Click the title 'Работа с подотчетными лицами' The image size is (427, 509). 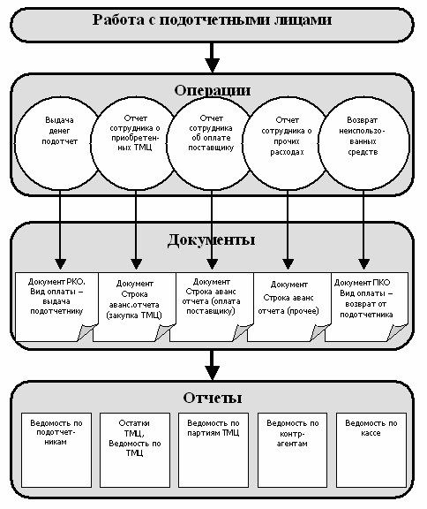click(x=212, y=19)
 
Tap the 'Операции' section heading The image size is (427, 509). click(x=213, y=90)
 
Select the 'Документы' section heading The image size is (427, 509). click(x=211, y=240)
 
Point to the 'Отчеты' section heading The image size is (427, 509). click(x=213, y=398)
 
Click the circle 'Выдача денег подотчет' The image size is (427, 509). click(x=58, y=143)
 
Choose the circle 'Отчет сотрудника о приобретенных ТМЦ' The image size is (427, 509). click(x=135, y=143)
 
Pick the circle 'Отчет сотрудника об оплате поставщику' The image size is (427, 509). click(x=211, y=143)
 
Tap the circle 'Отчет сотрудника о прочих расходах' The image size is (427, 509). click(x=287, y=143)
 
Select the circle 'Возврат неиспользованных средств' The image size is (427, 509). click(x=363, y=143)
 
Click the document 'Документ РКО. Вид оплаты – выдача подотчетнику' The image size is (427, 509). click(x=56, y=307)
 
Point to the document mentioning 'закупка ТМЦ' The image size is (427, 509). click(x=134, y=307)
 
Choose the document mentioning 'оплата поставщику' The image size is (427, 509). click(x=211, y=307)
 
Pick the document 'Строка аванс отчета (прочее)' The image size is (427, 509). click(x=288, y=307)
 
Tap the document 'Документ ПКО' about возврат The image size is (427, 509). click(x=366, y=307)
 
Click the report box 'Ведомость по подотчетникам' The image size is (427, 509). click(x=56, y=450)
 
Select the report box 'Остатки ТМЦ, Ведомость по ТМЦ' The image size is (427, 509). click(x=135, y=450)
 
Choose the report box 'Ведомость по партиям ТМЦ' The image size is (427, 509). click(x=213, y=450)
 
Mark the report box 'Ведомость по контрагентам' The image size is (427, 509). click(x=292, y=450)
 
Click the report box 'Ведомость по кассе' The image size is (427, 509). click(x=371, y=450)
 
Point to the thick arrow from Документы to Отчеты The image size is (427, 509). click(x=213, y=365)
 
